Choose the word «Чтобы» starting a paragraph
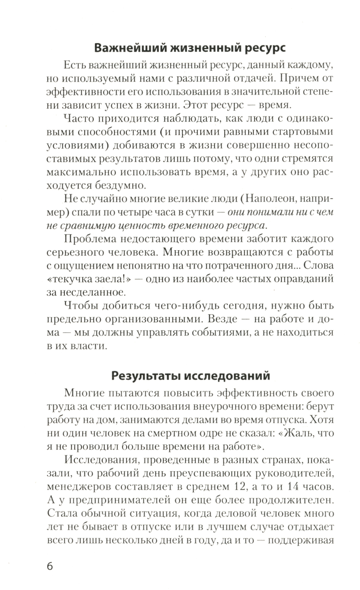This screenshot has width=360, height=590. (80, 306)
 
